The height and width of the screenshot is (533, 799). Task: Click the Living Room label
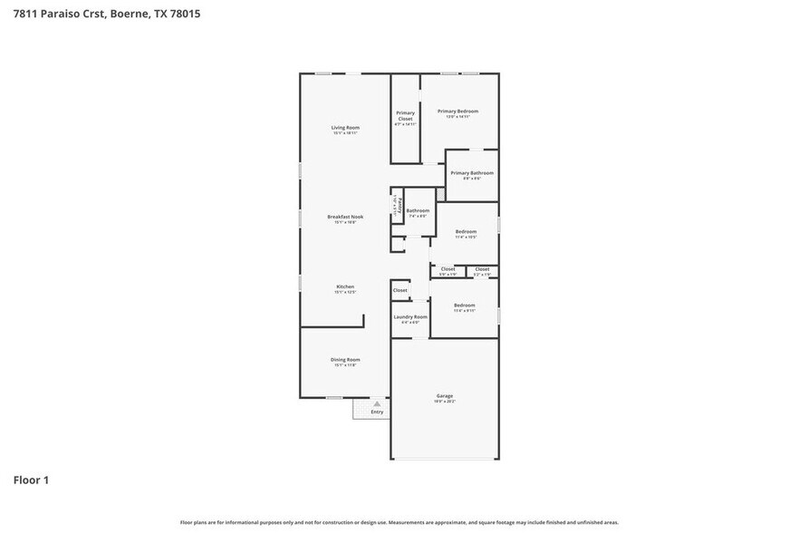(345, 128)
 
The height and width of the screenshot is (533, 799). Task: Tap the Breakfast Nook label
(345, 217)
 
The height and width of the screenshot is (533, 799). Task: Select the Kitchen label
(345, 286)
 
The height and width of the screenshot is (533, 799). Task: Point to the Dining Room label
(345, 360)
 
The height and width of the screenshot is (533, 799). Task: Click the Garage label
(445, 396)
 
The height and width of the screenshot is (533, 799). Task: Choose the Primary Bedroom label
(457, 111)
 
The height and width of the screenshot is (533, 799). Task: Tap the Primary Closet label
(405, 115)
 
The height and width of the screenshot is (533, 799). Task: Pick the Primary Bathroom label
(472, 173)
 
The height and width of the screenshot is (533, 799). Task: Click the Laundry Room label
(410, 316)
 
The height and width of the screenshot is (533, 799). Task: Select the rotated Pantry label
(395, 205)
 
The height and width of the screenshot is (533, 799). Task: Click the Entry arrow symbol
(377, 403)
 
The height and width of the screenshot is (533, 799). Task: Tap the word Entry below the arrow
(377, 412)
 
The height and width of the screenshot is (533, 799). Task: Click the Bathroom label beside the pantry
(418, 211)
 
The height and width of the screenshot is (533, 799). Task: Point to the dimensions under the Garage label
(445, 402)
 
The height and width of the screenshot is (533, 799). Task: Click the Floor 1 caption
(31, 480)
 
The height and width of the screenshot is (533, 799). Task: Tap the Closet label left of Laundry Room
(399, 290)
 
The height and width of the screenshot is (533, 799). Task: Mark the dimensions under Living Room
(345, 133)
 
